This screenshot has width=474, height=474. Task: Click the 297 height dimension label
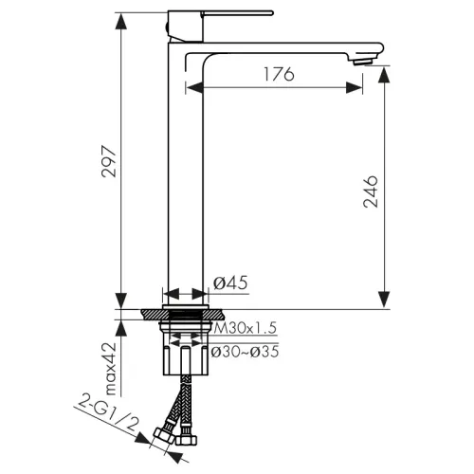(109, 161)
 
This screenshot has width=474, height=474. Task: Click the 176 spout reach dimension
(279, 74)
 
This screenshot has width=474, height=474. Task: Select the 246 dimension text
(371, 191)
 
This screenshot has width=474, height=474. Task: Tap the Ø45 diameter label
(230, 283)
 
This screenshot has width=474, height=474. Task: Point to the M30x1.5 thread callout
(246, 328)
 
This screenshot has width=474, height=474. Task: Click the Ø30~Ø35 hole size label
(245, 352)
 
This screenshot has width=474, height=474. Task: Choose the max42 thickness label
(111, 369)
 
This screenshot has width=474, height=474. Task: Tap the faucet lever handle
(237, 13)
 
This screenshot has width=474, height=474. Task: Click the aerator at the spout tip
(364, 62)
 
